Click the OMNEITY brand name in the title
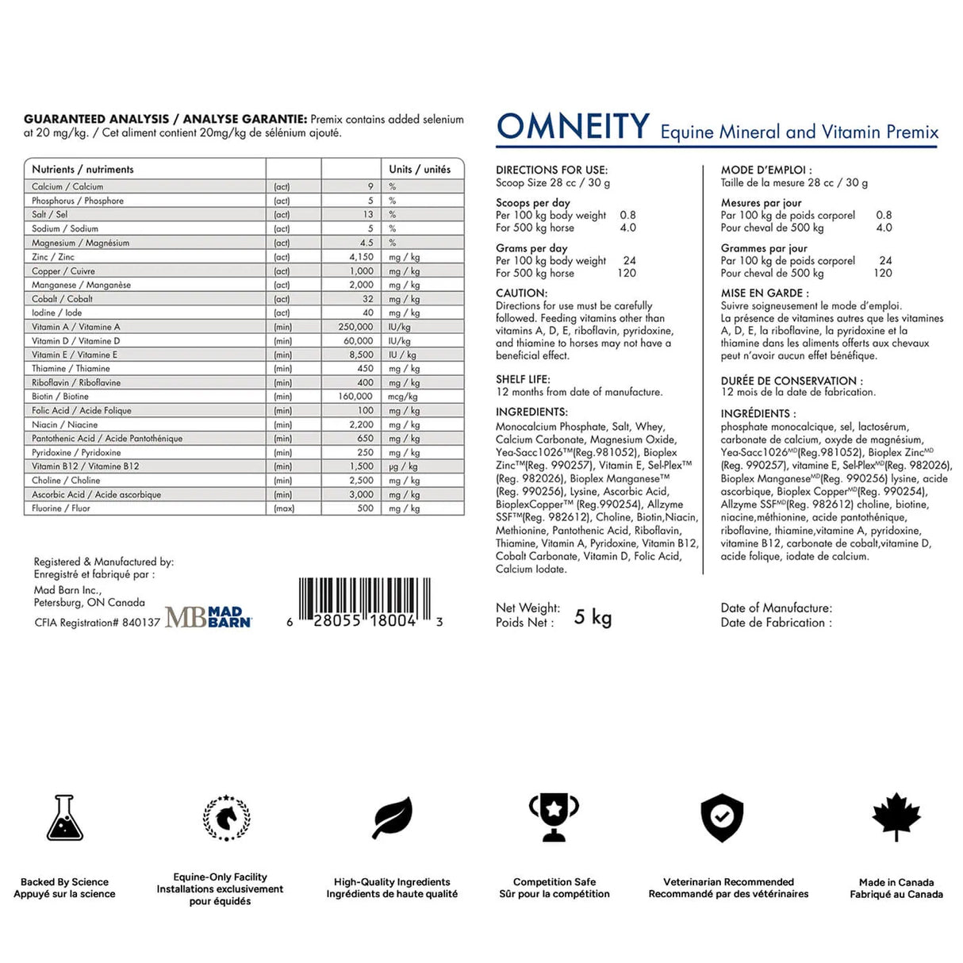(x=573, y=127)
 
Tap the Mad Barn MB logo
(x=208, y=616)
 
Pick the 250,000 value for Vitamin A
(x=355, y=327)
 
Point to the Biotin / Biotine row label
(x=60, y=397)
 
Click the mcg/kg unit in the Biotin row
(x=403, y=397)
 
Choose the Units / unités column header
(x=420, y=169)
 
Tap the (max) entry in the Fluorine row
(x=284, y=508)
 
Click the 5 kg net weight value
(x=593, y=617)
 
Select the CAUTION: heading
(x=521, y=293)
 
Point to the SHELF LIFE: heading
(x=523, y=379)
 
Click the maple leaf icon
(x=896, y=816)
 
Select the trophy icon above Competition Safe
(x=554, y=817)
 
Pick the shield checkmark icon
(x=722, y=818)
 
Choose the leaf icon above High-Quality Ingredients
(x=393, y=817)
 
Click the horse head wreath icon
(x=227, y=817)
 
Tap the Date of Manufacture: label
(x=776, y=608)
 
